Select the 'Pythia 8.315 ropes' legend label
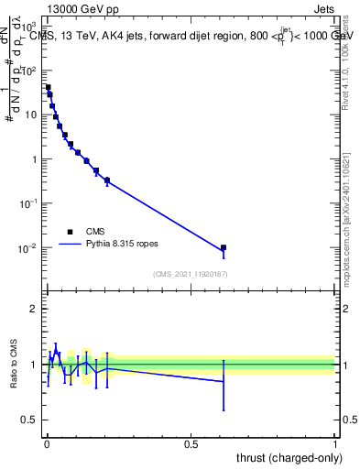pyautogui.click(x=125, y=245)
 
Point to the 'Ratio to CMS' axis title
pyautogui.click(x=15, y=365)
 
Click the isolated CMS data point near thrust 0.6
pyautogui.click(x=224, y=247)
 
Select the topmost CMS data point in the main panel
pyautogui.click(x=48, y=87)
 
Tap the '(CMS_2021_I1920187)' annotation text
pyautogui.click(x=190, y=274)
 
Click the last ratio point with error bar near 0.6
pyautogui.click(x=224, y=382)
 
